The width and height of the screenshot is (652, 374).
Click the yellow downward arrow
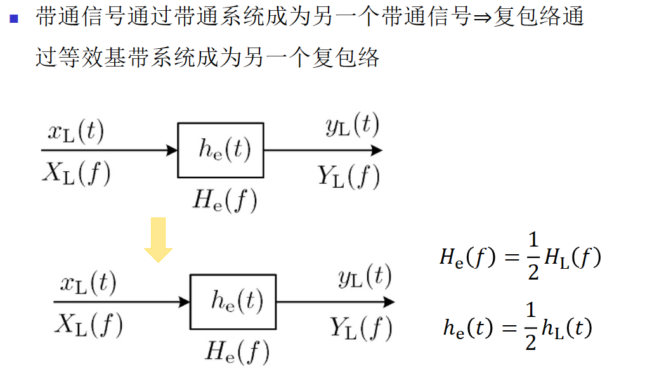point(158,240)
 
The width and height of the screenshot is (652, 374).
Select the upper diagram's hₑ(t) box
point(221,150)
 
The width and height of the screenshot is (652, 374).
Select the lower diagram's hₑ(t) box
point(233,302)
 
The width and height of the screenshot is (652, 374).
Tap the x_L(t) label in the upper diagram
point(76,132)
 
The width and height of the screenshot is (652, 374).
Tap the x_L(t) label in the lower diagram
point(88,284)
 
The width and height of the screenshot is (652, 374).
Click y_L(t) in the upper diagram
point(352,127)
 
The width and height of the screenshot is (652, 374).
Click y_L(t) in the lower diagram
point(364,278)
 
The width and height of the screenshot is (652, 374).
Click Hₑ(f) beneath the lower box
point(238,351)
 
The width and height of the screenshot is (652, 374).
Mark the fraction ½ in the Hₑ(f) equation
point(533,257)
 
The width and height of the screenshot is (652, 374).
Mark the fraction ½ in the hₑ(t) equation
point(531,328)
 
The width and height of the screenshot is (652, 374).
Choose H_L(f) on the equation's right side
point(571,257)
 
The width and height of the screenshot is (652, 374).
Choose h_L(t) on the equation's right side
point(566,328)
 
